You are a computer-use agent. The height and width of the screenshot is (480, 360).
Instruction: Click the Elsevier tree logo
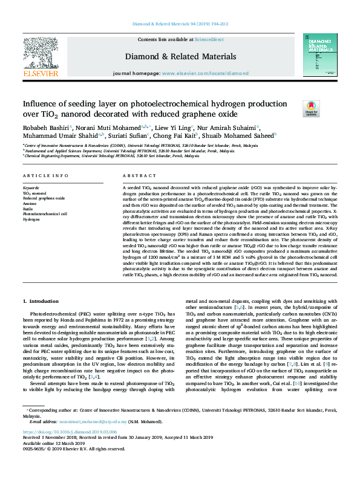click(41, 56)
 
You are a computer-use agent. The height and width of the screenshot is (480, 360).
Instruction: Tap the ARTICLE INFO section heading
click(45, 176)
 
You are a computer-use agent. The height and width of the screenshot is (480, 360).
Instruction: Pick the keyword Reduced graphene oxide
click(44, 198)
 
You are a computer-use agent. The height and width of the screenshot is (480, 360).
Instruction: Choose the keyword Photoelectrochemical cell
click(45, 213)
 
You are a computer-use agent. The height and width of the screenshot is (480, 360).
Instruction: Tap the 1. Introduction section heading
click(42, 301)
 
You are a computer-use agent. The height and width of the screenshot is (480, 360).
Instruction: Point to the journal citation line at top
click(180, 25)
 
